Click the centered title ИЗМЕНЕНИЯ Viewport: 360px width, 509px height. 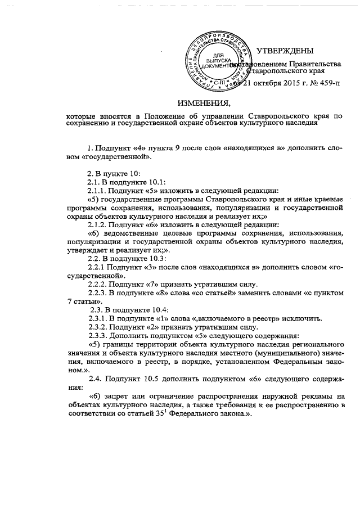click(204, 103)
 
